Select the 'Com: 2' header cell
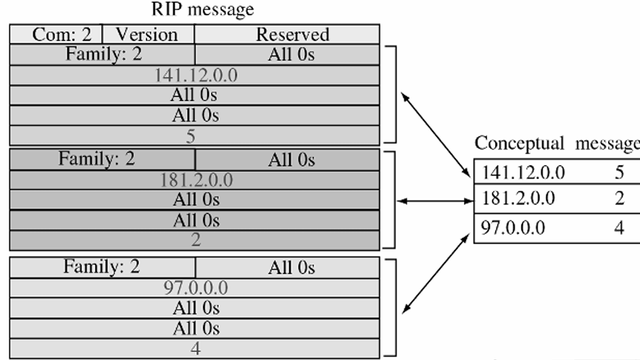tap(56, 34)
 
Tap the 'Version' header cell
tap(147, 34)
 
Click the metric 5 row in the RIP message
tap(191, 135)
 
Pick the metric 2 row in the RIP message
tap(196, 240)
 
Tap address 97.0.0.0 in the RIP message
tap(196, 288)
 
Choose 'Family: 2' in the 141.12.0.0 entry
tap(102, 54)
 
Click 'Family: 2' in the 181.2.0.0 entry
tap(102, 159)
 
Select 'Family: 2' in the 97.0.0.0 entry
tap(102, 267)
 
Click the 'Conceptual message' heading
tap(557, 143)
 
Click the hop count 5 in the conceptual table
tap(619, 174)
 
